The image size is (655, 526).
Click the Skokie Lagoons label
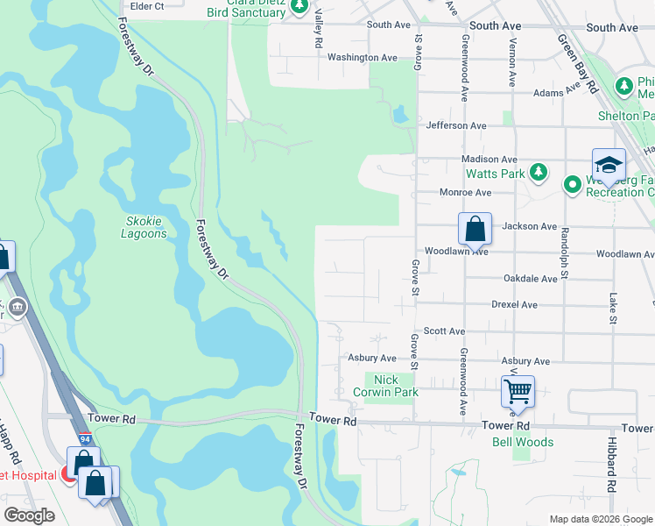(143, 227)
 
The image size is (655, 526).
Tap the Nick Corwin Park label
(391, 386)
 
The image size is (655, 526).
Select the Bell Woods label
(522, 442)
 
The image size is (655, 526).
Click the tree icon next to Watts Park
(540, 173)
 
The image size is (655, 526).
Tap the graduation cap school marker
(609, 166)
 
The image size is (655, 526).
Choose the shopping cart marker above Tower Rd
(518, 391)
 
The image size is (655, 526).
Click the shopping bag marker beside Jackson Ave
(474, 230)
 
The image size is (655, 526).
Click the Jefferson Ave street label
(455, 125)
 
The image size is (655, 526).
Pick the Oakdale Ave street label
(530, 278)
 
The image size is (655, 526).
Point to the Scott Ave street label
(443, 331)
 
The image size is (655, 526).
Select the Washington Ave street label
(362, 57)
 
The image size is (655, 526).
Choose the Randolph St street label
(565, 254)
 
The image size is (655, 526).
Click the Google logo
(29, 515)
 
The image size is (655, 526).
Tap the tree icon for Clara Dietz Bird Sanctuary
(300, 7)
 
